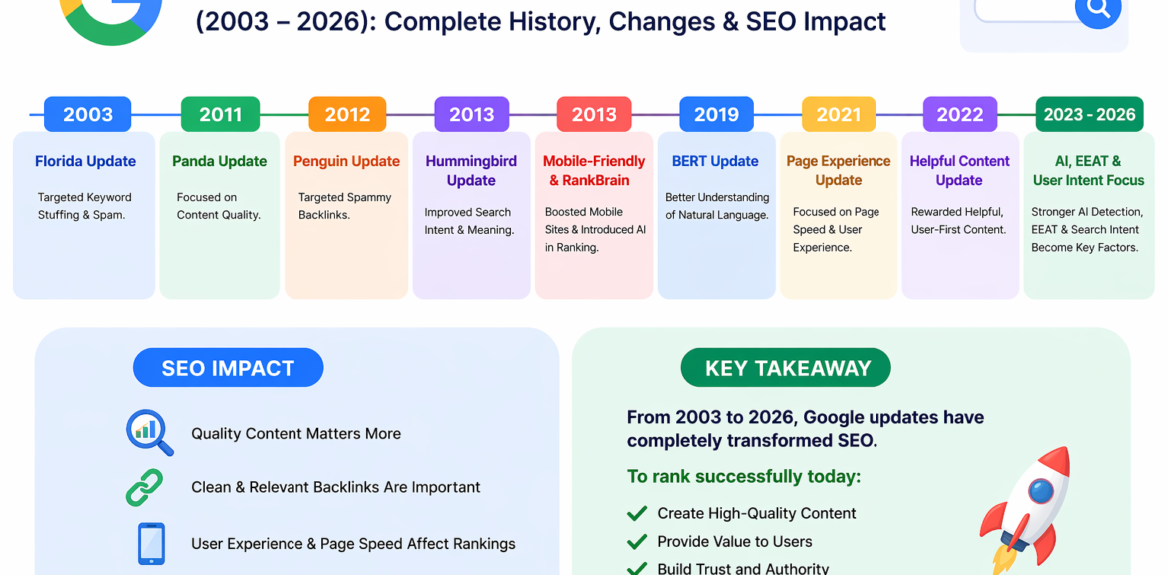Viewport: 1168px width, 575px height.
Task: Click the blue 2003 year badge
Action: tap(87, 114)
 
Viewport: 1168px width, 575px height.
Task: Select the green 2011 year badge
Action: tap(220, 114)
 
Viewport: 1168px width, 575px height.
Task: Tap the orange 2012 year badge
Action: tap(347, 114)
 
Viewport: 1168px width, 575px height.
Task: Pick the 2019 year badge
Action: tap(716, 114)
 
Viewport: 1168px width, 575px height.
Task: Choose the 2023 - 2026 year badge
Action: tap(1089, 114)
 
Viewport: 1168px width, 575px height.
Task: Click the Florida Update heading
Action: tap(85, 161)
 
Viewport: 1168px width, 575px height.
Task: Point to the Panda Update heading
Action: tap(219, 161)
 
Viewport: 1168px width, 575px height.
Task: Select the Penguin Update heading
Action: tap(346, 161)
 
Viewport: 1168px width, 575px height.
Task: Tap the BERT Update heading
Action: tap(715, 161)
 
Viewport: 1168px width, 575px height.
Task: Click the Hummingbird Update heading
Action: tap(471, 171)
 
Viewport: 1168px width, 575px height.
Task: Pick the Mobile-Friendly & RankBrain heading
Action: tap(594, 171)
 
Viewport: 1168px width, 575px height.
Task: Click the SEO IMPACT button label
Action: tap(228, 368)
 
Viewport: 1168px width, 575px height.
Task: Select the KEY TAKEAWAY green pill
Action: tap(786, 368)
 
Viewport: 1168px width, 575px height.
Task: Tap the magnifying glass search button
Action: tap(1098, 7)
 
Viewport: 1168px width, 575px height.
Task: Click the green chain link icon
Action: tap(144, 488)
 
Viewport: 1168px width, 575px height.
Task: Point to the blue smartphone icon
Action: tap(151, 544)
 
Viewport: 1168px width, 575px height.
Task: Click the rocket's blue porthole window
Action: tap(1040, 491)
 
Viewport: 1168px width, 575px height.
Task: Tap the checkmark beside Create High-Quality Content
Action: tap(636, 513)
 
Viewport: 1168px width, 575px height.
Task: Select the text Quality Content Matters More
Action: tap(295, 433)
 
